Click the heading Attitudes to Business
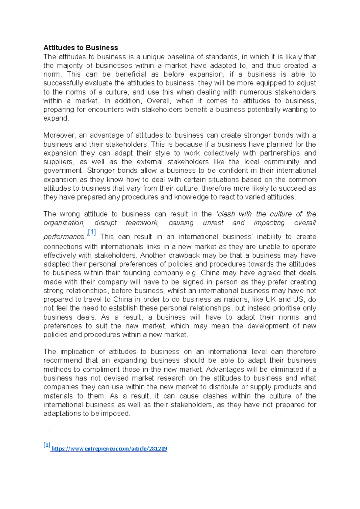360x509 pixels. pyautogui.click(x=80, y=48)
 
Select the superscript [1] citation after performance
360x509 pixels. pyautogui.click(x=92, y=232)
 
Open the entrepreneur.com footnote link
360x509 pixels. pyautogui.click(x=109, y=449)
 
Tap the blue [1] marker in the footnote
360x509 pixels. pyautogui.click(x=46, y=445)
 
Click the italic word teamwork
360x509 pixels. pyautogui.click(x=142, y=223)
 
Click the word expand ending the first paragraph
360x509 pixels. pyautogui.click(x=55, y=118)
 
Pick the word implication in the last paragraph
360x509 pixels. pyautogui.click(x=77, y=352)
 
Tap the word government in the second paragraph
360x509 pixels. pyautogui.click(x=63, y=171)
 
